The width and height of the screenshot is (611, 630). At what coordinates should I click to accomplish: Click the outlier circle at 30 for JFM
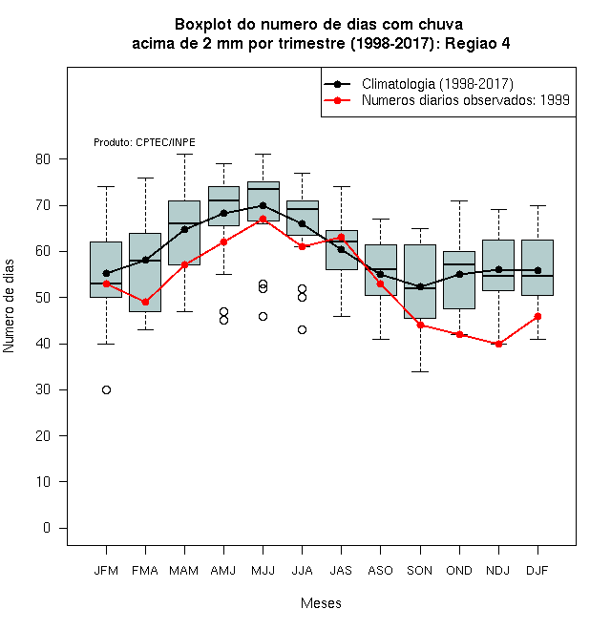click(106, 389)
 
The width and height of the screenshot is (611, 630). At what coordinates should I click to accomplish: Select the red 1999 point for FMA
click(145, 302)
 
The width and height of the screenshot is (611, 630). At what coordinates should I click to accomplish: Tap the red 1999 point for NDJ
click(499, 344)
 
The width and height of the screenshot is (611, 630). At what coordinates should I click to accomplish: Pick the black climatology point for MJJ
click(263, 205)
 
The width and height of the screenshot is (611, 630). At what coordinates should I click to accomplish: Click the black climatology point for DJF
click(537, 270)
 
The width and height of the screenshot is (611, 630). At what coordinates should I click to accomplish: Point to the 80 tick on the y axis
click(63, 158)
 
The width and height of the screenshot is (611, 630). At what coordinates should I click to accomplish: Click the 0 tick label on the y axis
click(47, 528)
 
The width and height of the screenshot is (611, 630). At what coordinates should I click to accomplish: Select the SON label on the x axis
click(420, 571)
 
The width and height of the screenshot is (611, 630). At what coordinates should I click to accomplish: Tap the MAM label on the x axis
click(184, 571)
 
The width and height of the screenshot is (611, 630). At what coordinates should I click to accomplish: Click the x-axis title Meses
click(321, 603)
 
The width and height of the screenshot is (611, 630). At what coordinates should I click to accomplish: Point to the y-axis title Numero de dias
click(9, 306)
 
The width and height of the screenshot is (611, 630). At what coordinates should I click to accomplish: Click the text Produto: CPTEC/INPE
click(144, 142)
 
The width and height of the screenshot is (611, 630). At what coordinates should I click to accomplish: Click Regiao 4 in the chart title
click(477, 43)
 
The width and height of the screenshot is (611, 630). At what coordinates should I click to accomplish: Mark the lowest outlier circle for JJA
click(303, 330)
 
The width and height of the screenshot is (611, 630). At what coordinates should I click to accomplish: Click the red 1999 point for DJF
click(537, 317)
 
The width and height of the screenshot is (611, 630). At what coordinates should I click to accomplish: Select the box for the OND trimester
click(459, 280)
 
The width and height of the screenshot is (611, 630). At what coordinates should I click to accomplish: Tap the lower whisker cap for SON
click(420, 371)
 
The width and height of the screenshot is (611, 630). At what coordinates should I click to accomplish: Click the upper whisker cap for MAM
click(184, 154)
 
